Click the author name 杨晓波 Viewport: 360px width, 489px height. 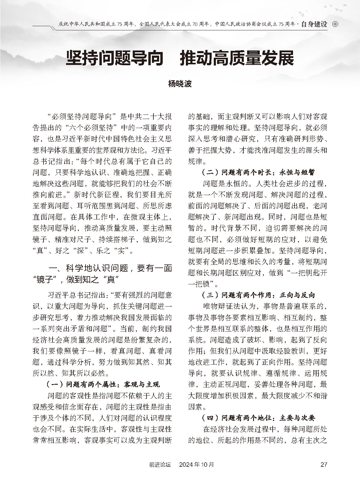tap(180, 84)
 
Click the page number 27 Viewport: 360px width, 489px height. tap(324, 464)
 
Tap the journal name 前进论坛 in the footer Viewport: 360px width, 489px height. tap(160, 464)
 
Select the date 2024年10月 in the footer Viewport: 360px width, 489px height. tap(196, 464)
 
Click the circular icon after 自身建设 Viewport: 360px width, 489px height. tap(335, 24)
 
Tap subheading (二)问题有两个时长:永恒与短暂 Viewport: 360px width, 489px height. tap(258, 173)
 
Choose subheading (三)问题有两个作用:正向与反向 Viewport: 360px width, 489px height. tap(258, 295)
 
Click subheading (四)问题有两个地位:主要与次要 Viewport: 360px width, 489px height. tap(258, 418)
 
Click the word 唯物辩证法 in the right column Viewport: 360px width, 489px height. tap(229, 306)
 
